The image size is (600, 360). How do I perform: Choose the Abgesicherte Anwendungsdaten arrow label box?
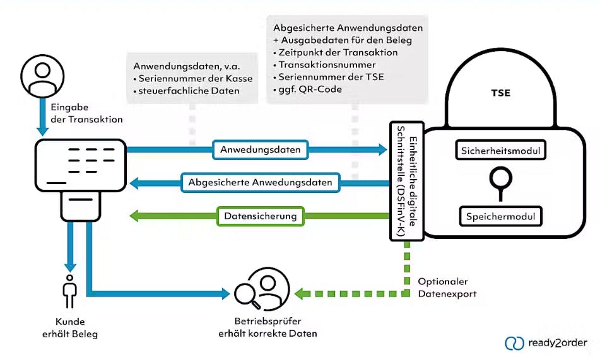click(261, 183)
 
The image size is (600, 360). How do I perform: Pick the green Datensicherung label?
click(260, 216)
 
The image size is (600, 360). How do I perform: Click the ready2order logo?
click(546, 344)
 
